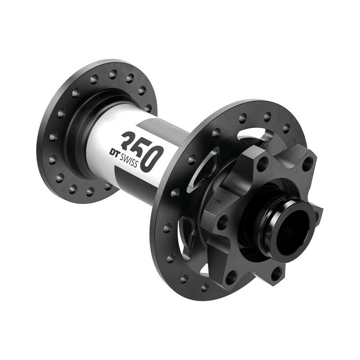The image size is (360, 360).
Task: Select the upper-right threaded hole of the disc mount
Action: pos(307,164)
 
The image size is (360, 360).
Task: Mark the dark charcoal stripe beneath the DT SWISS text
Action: pos(135,178)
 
